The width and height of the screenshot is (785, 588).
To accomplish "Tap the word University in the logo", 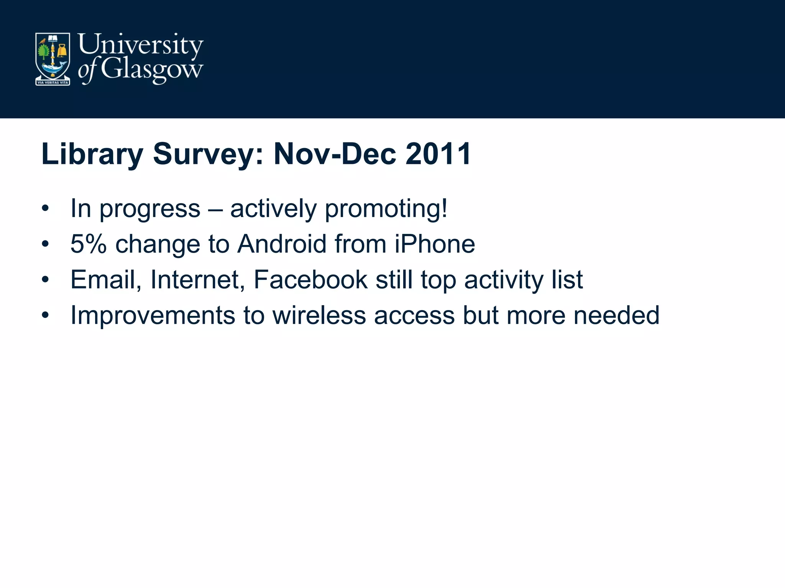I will pyautogui.click(x=140, y=45).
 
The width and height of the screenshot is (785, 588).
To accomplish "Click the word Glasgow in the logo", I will pyautogui.click(x=152, y=70).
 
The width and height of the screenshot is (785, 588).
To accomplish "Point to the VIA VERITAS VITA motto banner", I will pyautogui.click(x=53, y=82).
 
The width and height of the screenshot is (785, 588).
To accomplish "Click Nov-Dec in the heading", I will pyautogui.click(x=335, y=154).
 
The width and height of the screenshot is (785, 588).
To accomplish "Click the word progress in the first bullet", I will pyautogui.click(x=150, y=209).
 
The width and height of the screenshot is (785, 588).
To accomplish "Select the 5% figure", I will pyautogui.click(x=88, y=244).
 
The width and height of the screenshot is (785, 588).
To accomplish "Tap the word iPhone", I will pyautogui.click(x=435, y=244).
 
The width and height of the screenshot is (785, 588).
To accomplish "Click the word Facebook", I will pyautogui.click(x=310, y=279).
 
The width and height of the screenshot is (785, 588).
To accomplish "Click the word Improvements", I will pyautogui.click(x=153, y=315).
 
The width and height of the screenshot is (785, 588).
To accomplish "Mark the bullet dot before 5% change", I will pyautogui.click(x=46, y=244).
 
